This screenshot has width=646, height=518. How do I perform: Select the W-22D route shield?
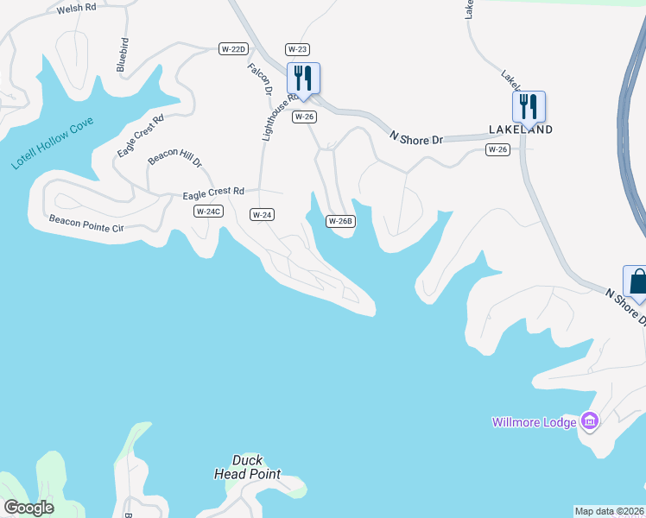(x=234, y=49)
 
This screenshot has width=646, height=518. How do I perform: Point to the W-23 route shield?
(x=297, y=49)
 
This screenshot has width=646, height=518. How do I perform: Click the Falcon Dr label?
(x=260, y=79)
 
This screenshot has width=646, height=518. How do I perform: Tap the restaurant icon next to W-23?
(x=303, y=78)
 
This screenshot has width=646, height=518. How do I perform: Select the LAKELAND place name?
(x=520, y=129)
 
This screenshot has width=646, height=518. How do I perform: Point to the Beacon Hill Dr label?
(x=174, y=156)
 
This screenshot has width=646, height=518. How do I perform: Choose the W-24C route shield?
(x=208, y=212)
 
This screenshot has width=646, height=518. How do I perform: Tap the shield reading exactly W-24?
(x=263, y=214)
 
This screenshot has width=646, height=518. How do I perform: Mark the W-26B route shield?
(x=340, y=221)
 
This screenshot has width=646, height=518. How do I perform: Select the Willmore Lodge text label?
(x=535, y=422)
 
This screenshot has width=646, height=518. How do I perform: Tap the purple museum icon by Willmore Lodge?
(x=590, y=421)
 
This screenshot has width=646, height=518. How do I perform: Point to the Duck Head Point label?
(x=247, y=467)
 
